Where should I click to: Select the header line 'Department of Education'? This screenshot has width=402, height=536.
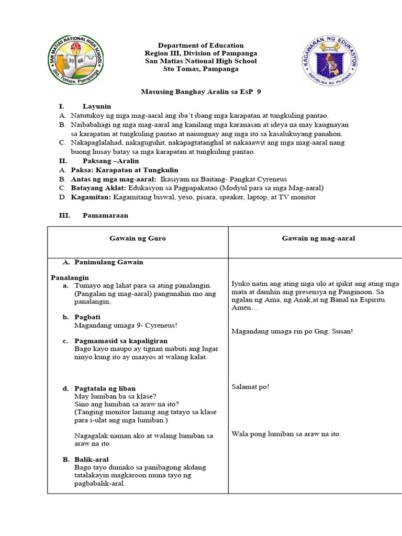(x=201, y=46)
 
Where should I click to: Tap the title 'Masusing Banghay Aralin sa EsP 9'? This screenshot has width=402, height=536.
(x=201, y=92)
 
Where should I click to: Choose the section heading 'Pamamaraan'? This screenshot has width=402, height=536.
(x=105, y=215)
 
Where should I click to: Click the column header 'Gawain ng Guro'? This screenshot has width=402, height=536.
(x=138, y=238)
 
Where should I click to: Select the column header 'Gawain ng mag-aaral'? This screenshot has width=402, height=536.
(x=318, y=238)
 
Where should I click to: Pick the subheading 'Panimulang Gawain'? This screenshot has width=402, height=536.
(x=109, y=262)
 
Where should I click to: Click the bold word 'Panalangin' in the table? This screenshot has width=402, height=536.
(x=70, y=277)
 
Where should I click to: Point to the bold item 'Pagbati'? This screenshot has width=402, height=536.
(x=87, y=317)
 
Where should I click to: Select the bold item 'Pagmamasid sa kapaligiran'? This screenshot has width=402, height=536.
(x=115, y=341)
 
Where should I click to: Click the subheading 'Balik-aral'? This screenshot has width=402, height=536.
(x=92, y=459)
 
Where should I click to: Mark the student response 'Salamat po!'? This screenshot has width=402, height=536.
(x=250, y=387)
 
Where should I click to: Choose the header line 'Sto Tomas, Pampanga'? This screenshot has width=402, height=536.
(x=201, y=69)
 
